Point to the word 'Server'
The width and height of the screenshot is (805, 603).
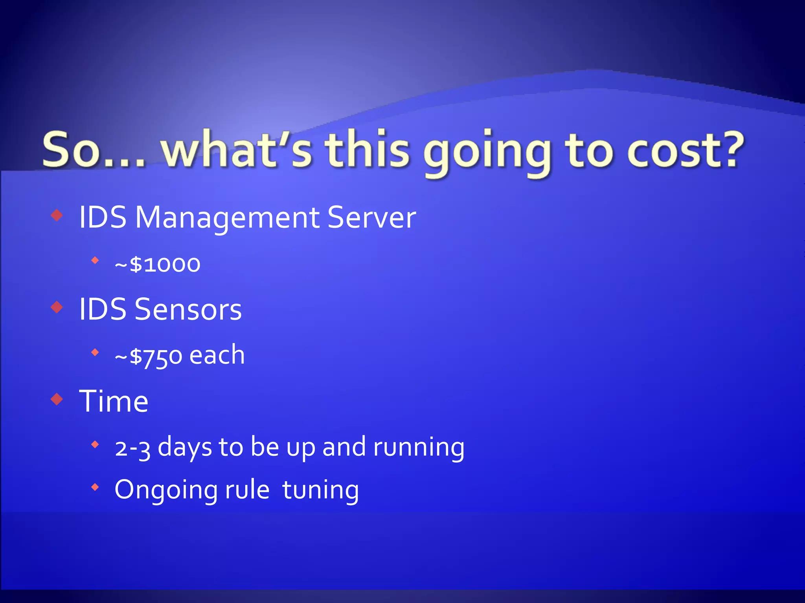point(371,217)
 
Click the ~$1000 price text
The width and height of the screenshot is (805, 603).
point(158,264)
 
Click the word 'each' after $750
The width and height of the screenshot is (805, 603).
point(217,355)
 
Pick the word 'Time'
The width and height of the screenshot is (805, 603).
point(114,402)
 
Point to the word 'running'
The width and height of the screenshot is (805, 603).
point(419,448)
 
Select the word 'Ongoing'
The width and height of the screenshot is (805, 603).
point(166,490)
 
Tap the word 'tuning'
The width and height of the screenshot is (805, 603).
point(320,490)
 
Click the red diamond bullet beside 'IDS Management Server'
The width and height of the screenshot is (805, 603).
point(57,215)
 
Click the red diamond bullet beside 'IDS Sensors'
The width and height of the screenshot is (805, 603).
point(57,307)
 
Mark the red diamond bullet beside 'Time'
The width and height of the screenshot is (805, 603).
point(57,399)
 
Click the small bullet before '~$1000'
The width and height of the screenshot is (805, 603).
point(95,260)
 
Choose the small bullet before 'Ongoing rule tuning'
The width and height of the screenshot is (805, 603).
point(95,488)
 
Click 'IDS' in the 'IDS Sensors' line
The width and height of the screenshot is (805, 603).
point(103,310)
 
